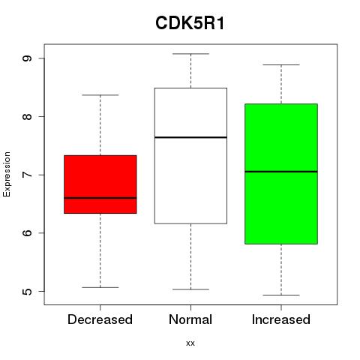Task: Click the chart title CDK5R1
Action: point(190,23)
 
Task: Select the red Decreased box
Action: point(100,184)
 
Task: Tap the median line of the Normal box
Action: point(190,137)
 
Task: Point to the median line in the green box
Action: point(281,172)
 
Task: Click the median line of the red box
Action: point(100,198)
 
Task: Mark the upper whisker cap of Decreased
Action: point(100,95)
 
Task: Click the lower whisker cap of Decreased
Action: point(100,287)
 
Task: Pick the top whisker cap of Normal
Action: point(190,54)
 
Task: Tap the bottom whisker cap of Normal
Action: point(190,289)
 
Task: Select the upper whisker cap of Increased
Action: point(281,64)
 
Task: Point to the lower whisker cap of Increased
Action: point(281,295)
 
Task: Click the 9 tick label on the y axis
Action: point(27,58)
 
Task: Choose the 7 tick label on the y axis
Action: point(27,175)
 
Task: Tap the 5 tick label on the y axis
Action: point(27,291)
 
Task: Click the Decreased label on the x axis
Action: point(100,319)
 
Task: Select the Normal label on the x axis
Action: point(190,319)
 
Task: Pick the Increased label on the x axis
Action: point(281,319)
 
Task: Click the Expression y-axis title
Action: point(7,174)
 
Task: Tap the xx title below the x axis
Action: point(190,343)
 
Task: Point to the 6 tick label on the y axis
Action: point(27,233)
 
